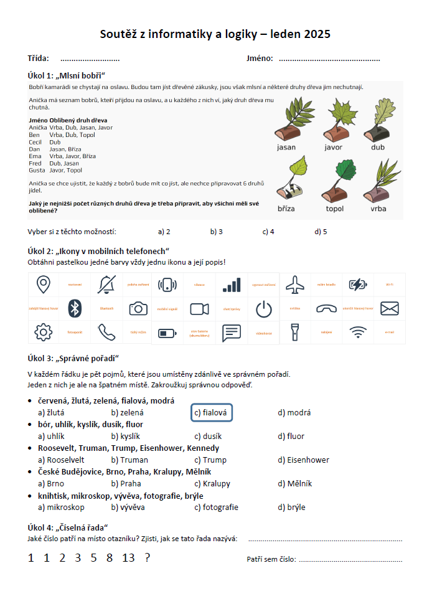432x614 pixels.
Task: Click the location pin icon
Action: click(x=43, y=285)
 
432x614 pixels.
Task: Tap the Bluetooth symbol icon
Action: click(x=75, y=308)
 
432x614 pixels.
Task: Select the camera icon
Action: click(x=138, y=308)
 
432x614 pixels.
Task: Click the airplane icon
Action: click(x=294, y=285)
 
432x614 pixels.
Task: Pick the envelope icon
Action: click(x=389, y=308)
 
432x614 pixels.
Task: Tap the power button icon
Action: click(x=264, y=308)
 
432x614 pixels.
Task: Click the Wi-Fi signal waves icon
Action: click(x=358, y=332)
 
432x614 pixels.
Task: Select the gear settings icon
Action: click(x=43, y=332)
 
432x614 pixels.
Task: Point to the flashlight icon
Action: click(x=294, y=331)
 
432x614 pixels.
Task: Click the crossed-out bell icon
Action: click(x=106, y=285)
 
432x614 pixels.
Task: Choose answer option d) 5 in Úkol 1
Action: click(x=321, y=232)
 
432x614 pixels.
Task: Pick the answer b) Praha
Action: click(x=126, y=484)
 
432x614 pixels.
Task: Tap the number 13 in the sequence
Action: click(x=128, y=558)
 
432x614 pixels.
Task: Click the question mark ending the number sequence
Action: click(x=148, y=558)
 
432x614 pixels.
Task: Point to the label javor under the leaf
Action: click(x=334, y=148)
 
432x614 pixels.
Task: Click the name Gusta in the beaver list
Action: click(x=37, y=170)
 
